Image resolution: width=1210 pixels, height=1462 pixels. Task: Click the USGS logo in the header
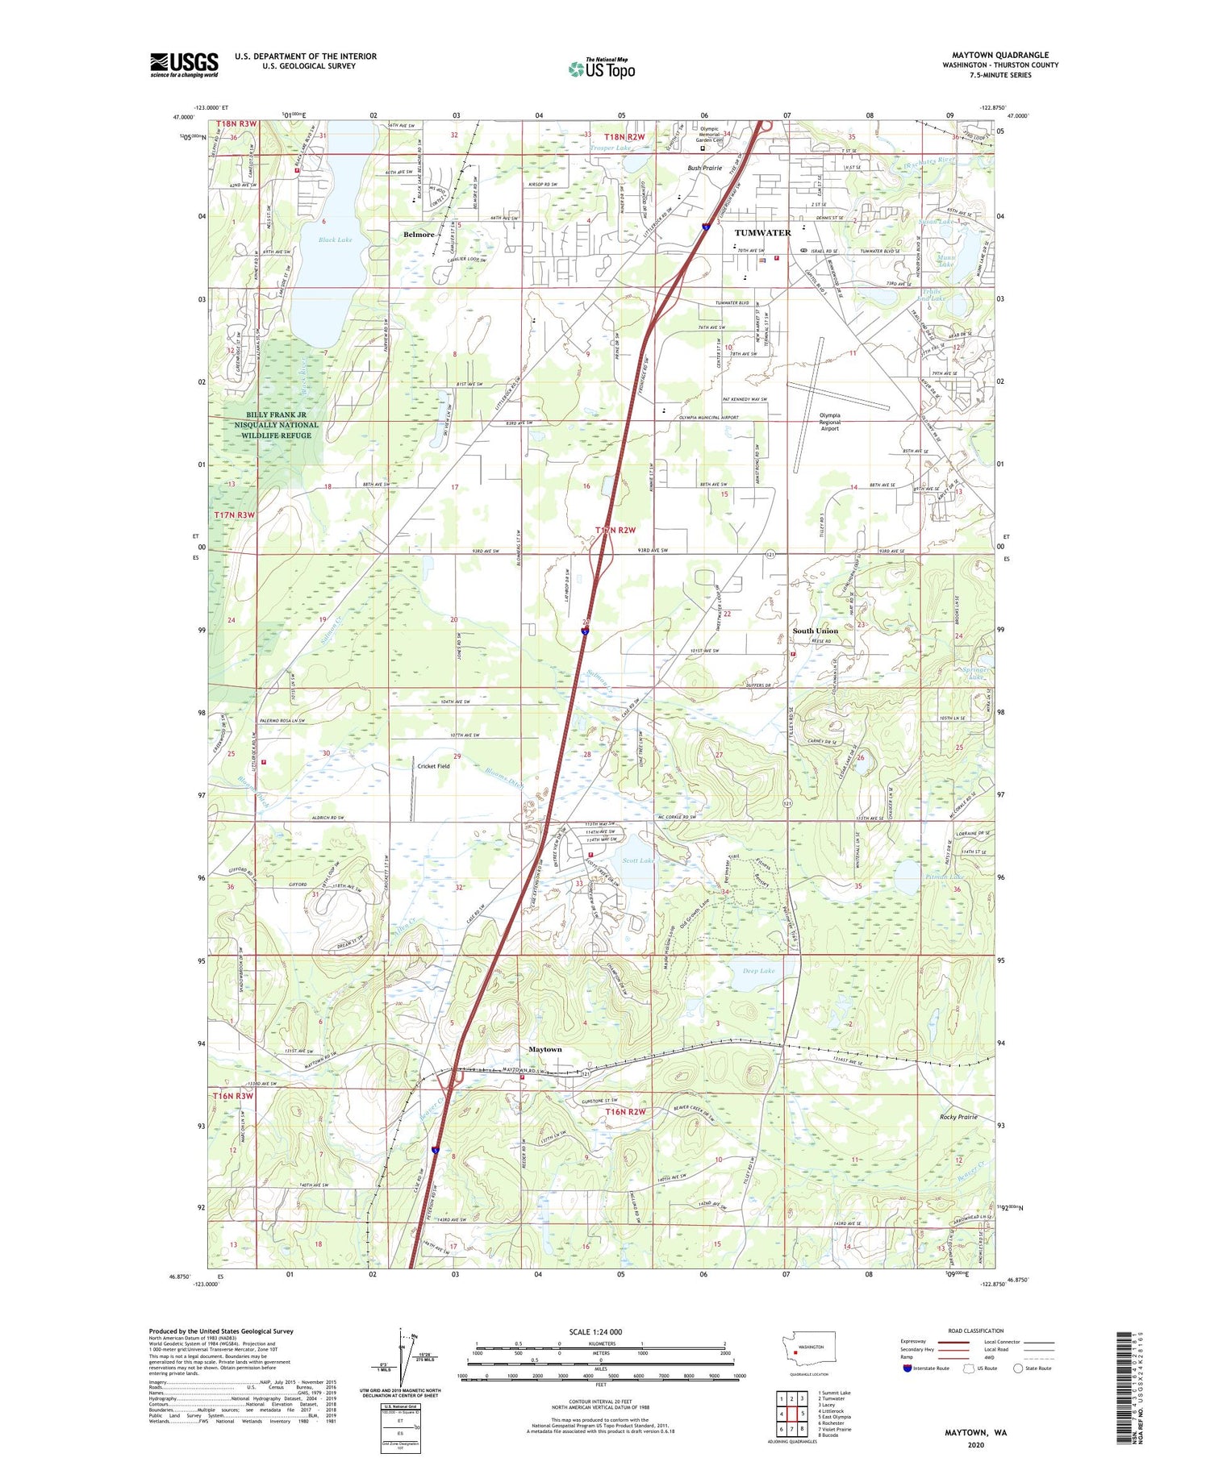184,65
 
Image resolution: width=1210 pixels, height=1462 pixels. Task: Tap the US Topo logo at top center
601,69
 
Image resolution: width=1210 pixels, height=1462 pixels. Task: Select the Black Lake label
335,240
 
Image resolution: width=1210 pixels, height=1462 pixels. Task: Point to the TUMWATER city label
762,232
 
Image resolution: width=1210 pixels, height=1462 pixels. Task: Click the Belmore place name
419,235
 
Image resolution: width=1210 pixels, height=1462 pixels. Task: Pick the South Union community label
815,631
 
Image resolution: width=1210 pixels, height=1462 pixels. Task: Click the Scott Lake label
637,861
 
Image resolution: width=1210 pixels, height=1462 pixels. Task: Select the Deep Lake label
758,971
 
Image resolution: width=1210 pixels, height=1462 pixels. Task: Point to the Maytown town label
544,1049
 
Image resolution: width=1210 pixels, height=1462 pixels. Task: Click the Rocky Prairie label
958,1117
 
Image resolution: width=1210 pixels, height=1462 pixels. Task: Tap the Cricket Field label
433,766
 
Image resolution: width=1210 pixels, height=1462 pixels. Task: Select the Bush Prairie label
704,169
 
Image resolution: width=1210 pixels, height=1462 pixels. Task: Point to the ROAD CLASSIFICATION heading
976,1331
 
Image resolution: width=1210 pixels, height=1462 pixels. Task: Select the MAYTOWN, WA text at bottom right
976,1433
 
